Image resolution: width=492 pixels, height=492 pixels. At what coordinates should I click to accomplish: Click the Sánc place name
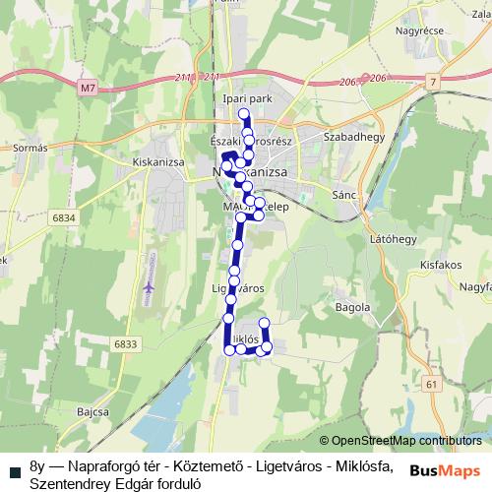tap(344, 196)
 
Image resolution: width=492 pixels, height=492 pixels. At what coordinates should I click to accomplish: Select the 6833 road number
tap(124, 343)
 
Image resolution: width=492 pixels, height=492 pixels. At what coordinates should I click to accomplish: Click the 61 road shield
tap(432, 383)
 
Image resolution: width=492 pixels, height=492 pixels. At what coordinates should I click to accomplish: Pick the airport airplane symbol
tap(150, 286)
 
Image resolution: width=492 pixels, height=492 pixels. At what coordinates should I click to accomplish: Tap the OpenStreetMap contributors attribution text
tap(406, 442)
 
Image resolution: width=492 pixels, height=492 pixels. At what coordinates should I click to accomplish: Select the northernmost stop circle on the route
tap(244, 114)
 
